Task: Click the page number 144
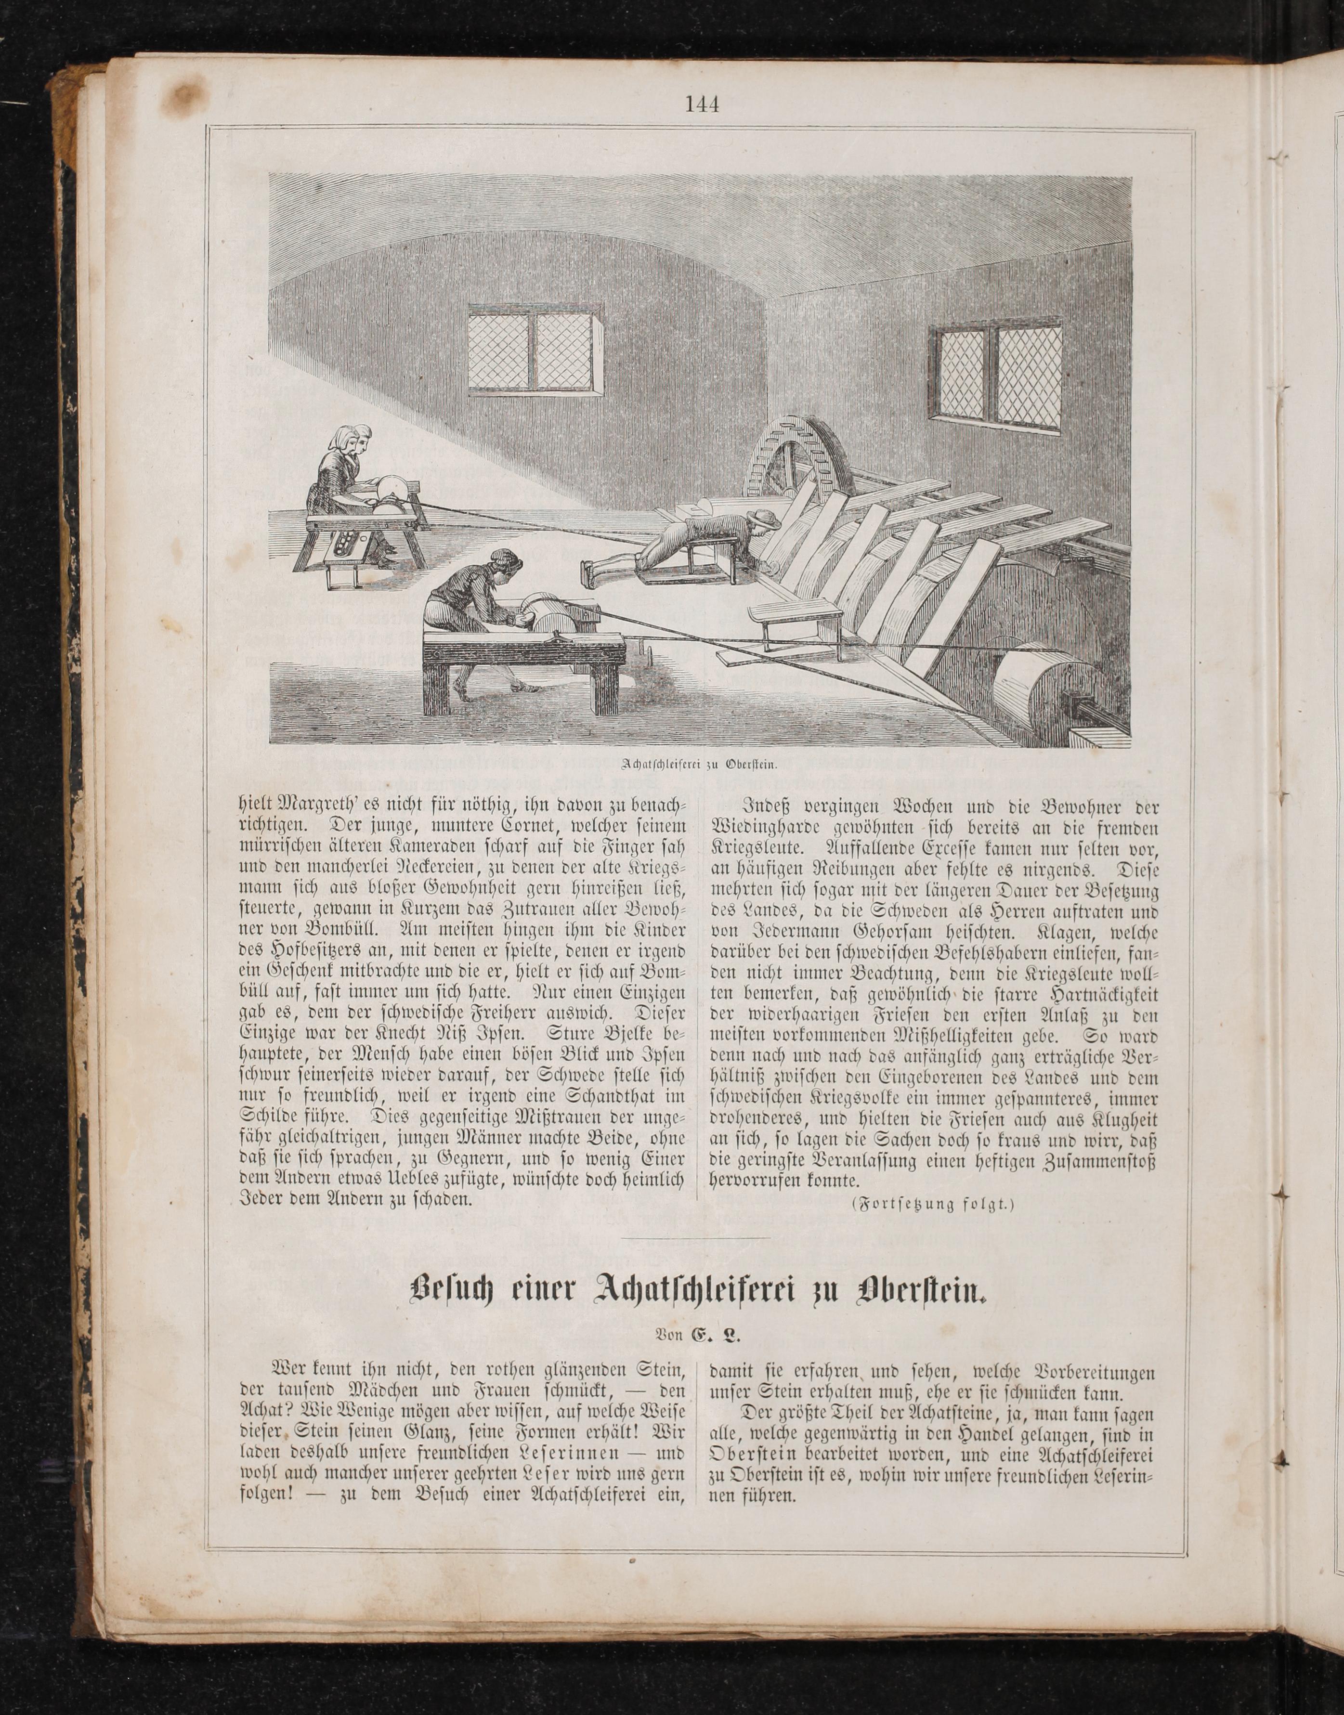pos(702,104)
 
